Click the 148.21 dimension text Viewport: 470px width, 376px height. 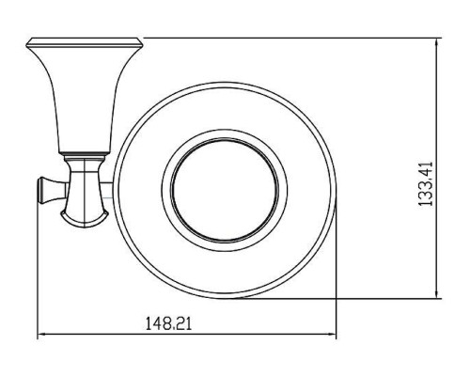point(168,323)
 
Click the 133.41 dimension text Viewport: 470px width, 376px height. point(425,183)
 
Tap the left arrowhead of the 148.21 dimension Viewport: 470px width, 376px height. point(42,335)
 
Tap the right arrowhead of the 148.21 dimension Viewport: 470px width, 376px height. point(332,335)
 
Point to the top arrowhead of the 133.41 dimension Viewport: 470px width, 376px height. point(437,42)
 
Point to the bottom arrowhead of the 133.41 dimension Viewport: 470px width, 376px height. point(437,293)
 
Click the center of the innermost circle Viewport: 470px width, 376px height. point(225,190)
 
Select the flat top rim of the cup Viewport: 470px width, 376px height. point(85,43)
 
